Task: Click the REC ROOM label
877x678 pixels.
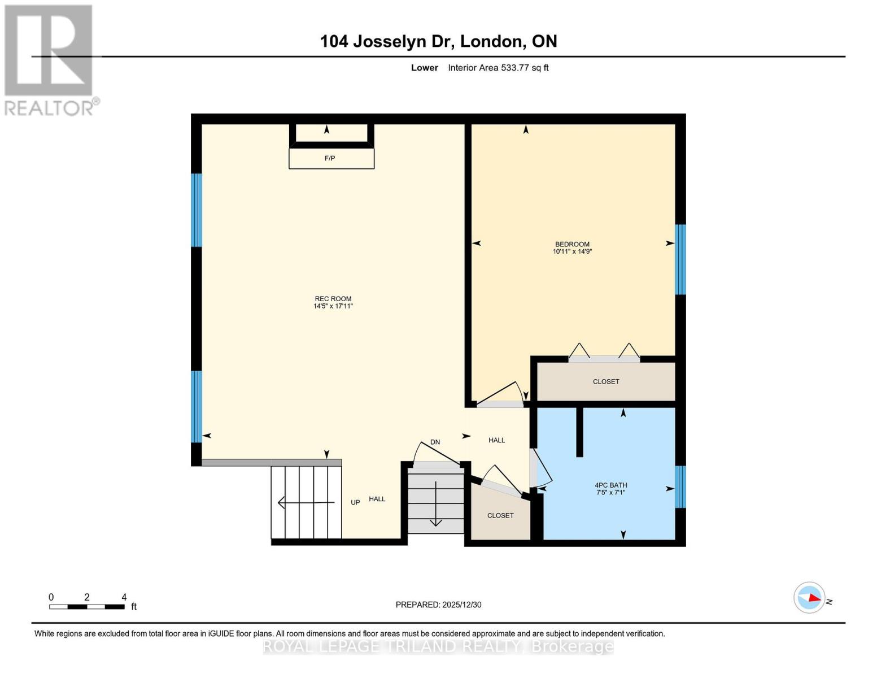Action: (333, 299)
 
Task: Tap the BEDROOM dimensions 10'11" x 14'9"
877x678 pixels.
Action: (572, 251)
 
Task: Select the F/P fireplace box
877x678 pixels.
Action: (331, 158)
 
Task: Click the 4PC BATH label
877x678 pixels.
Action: (610, 485)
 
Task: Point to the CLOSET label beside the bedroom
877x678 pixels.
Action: (606, 381)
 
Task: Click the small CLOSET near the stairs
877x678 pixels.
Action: (500, 515)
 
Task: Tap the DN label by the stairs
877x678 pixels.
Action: (435, 442)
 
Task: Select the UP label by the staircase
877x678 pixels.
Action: (355, 502)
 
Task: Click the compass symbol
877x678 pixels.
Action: (810, 597)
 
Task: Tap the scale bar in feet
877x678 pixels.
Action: (87, 607)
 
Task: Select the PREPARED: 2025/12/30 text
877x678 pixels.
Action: (438, 605)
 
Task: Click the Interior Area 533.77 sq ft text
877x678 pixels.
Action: (498, 68)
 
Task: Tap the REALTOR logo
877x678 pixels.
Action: (50, 59)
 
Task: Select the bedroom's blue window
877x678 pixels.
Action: (680, 259)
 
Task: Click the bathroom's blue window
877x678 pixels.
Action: (680, 487)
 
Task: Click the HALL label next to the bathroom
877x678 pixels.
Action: (496, 440)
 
